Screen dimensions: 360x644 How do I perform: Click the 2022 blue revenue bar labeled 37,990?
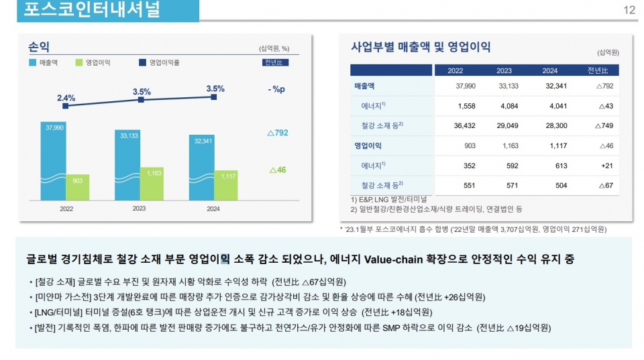54,161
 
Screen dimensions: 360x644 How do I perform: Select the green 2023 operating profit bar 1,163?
152,184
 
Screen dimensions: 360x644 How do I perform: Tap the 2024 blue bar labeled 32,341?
202,168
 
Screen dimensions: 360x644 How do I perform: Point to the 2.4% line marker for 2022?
65,106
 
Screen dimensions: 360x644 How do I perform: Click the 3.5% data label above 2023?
141,91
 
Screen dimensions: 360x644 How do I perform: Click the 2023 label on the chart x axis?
139,208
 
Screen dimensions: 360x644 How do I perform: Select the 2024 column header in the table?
550,70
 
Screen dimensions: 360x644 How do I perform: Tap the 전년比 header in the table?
598,70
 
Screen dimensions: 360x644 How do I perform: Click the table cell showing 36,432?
464,125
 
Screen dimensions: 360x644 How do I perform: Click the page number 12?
629,10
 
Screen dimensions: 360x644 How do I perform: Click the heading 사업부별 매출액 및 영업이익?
421,47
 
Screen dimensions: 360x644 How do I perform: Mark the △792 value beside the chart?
277,133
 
